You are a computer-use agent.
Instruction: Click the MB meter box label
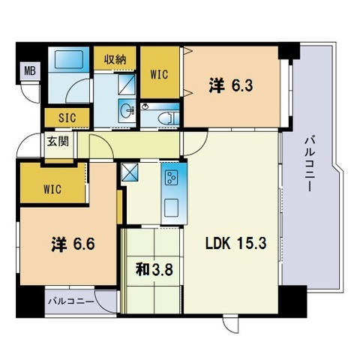[30, 70]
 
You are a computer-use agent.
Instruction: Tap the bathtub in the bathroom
[69, 59]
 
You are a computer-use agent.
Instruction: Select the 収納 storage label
[115, 59]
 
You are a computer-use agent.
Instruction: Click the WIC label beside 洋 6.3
[160, 74]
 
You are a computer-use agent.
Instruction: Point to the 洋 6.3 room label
[231, 85]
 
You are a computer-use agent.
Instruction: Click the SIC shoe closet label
[67, 118]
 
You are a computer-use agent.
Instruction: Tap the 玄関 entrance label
[58, 142]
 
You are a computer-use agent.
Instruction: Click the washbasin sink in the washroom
[127, 110]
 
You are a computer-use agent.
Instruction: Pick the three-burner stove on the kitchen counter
[172, 178]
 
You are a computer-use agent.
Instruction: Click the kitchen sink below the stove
[171, 208]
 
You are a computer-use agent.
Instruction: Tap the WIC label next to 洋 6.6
[52, 189]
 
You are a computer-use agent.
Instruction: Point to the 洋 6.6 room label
[73, 244]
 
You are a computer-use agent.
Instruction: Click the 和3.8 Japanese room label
[154, 270]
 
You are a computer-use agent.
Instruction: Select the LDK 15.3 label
[235, 243]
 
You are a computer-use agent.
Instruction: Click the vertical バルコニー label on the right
[309, 164]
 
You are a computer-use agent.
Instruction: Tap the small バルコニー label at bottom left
[71, 301]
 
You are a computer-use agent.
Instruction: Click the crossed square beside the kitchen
[129, 172]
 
